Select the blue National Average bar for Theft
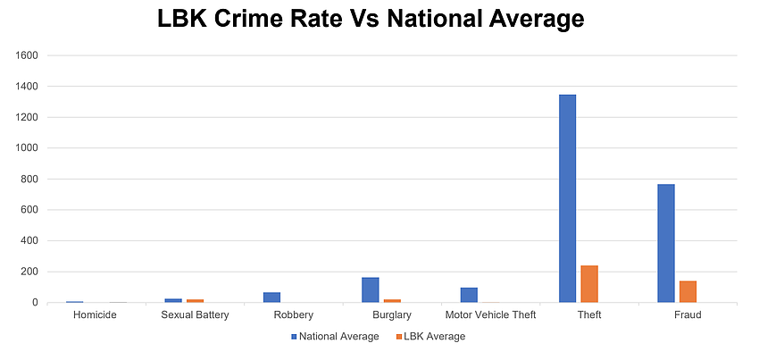567,198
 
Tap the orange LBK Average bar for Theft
589,284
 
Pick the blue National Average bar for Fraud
665,243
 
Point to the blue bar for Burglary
371,289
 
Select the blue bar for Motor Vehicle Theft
469,295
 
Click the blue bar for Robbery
272,297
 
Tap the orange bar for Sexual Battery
196,301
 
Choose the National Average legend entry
335,337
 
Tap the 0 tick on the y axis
35,303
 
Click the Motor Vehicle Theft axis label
490,315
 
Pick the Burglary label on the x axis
392,315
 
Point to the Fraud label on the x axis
688,315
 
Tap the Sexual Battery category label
195,315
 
